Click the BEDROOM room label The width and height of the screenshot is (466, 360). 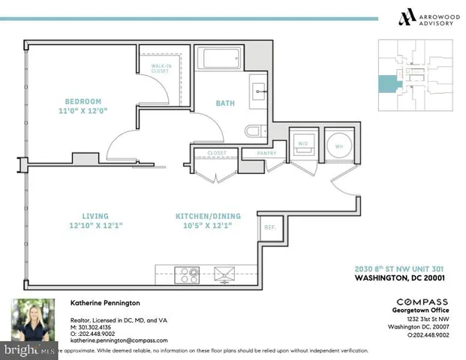83,101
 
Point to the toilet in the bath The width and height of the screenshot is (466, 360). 255,132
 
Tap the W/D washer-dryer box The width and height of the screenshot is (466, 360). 303,145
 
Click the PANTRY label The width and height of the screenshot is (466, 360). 266,154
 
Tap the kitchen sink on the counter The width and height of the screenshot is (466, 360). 223,273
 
